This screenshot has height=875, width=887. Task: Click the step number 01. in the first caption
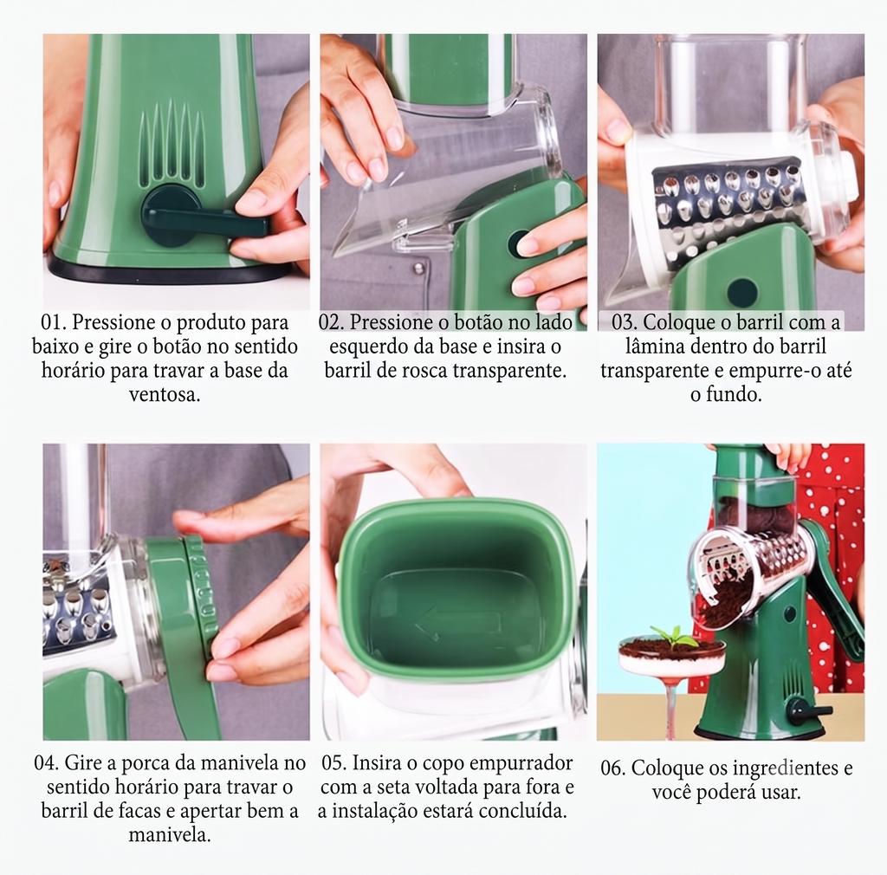click(53, 322)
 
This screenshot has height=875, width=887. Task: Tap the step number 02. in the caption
click(331, 322)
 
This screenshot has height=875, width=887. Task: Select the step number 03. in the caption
click(624, 322)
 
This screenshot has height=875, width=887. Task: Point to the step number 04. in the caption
click(47, 762)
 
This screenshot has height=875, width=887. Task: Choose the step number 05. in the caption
click(334, 762)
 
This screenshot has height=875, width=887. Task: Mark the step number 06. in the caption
click(613, 768)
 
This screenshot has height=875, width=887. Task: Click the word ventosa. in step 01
click(165, 394)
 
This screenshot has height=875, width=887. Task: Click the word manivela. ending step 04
click(170, 834)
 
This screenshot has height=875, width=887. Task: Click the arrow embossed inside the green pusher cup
click(457, 625)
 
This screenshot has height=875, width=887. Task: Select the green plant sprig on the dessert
click(671, 636)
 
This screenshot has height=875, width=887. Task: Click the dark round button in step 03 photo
click(742, 291)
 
